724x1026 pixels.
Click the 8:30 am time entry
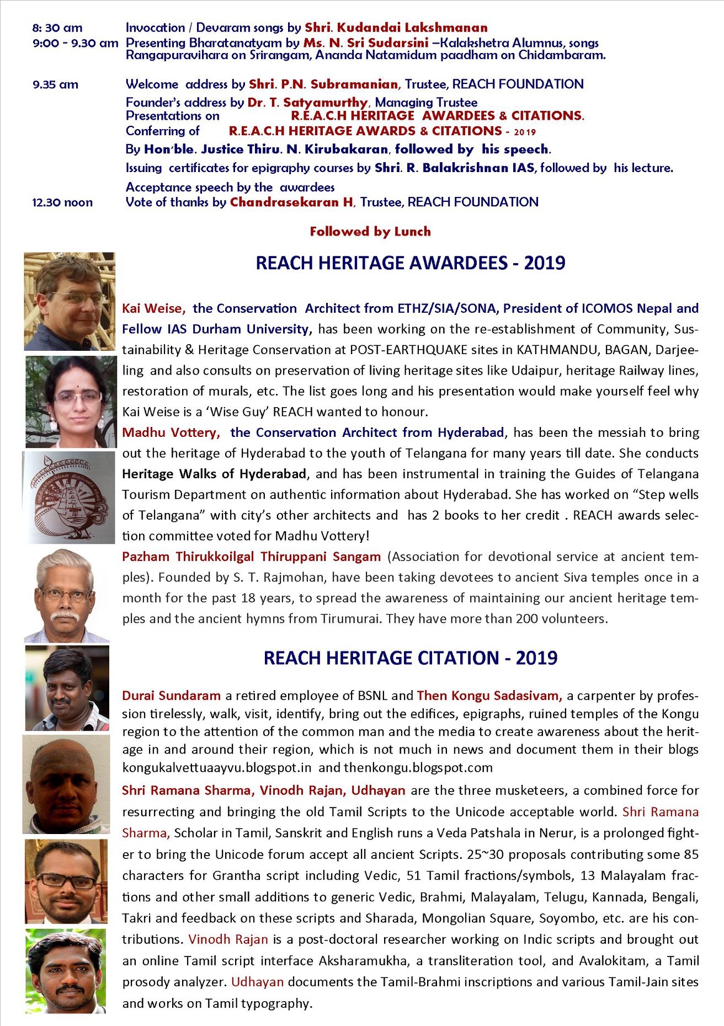57,28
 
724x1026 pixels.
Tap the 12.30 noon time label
62,202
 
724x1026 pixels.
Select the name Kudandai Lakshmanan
412,28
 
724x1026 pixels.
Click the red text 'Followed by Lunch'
370,232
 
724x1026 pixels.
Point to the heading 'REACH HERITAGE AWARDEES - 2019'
410,263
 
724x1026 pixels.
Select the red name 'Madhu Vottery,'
171,432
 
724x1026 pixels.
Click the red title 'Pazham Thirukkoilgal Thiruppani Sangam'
251,557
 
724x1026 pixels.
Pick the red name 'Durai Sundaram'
171,696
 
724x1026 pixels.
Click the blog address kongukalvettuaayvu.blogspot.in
217,768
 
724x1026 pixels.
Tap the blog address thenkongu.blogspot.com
418,768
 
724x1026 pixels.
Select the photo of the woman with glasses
71,401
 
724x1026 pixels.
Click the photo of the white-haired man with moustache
67,596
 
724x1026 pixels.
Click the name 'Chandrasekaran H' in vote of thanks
291,202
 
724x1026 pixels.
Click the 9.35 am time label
55,84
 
